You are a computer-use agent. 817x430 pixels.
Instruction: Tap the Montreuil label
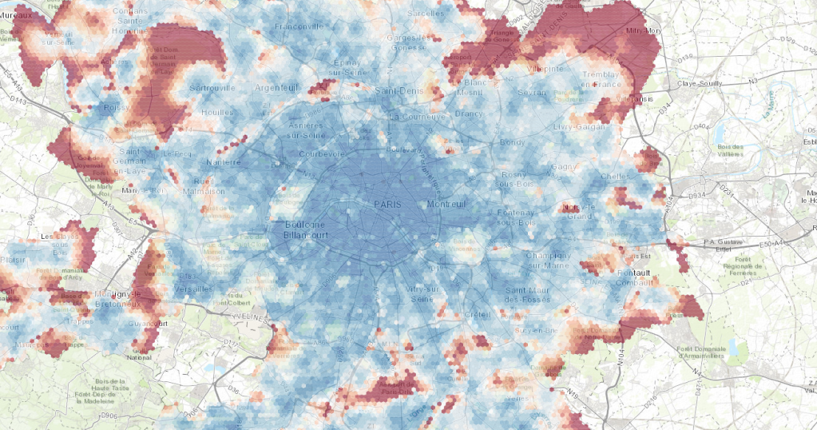(x=446, y=205)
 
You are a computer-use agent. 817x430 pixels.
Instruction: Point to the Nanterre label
(x=224, y=162)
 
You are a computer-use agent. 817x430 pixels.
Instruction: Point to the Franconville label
(x=297, y=26)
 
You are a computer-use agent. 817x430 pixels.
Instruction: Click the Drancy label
(x=470, y=113)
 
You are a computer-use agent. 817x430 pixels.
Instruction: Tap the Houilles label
(x=217, y=113)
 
